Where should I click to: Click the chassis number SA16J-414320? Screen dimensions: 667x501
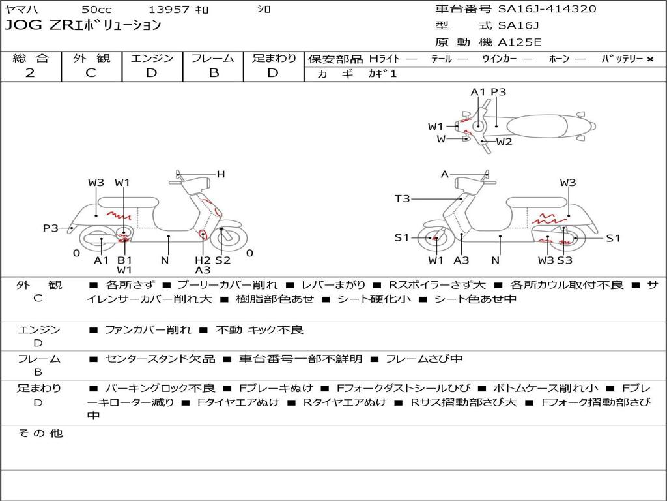tap(547, 8)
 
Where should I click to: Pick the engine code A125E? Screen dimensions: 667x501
tap(519, 42)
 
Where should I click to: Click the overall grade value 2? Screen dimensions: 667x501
tap(30, 73)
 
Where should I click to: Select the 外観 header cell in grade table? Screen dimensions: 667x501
tap(91, 58)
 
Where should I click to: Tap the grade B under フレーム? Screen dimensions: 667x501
tap(214, 73)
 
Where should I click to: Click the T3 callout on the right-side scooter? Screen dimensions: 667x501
tap(402, 198)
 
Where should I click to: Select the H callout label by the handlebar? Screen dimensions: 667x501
tap(220, 174)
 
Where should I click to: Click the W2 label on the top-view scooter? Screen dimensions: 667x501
tap(504, 142)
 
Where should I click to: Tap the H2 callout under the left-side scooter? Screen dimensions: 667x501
tap(203, 260)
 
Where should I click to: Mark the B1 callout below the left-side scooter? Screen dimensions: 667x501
tap(124, 260)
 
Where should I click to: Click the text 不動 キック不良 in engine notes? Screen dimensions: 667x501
tap(259, 329)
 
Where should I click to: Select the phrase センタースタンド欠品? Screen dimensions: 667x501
tap(160, 359)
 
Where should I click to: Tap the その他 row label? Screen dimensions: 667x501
tap(40, 433)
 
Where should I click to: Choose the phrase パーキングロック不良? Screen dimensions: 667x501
tap(160, 388)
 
